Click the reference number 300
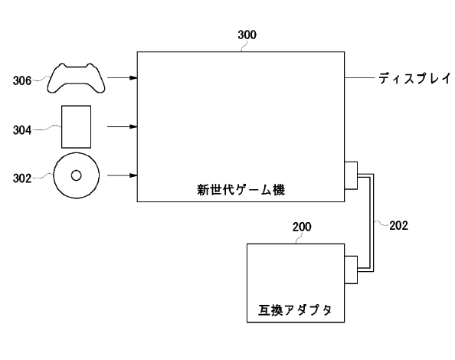(247, 34)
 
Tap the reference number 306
(24, 79)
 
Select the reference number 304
(24, 130)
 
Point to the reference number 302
(24, 178)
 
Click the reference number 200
(302, 227)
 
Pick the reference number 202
(398, 225)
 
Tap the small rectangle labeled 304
(76, 126)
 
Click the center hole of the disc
(76, 175)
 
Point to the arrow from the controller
(123, 77)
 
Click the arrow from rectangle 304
(123, 126)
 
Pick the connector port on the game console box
(351, 175)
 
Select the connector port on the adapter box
(351, 269)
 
